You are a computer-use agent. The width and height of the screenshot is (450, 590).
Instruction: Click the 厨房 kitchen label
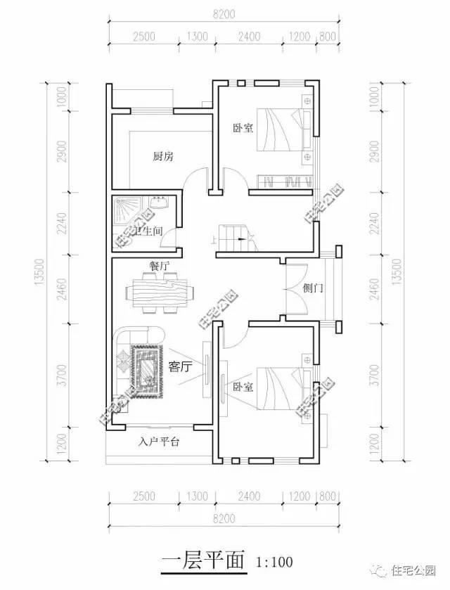click(162, 156)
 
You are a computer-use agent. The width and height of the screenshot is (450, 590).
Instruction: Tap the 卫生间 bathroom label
click(149, 231)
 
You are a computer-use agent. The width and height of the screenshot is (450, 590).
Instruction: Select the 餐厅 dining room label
click(159, 266)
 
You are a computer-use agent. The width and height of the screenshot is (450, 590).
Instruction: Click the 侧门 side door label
click(312, 288)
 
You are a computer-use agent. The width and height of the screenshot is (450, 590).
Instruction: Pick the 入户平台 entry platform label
click(159, 442)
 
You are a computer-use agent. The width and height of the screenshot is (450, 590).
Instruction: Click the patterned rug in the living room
click(145, 367)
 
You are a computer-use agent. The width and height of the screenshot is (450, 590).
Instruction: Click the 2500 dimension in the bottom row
click(143, 496)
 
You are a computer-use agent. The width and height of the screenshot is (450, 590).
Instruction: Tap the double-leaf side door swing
click(297, 288)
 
